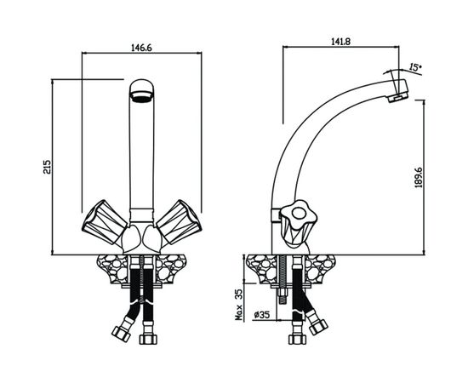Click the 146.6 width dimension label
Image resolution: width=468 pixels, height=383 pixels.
(x=142, y=48)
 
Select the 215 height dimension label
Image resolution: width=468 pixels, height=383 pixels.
(x=47, y=167)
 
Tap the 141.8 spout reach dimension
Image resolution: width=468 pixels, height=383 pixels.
(x=340, y=42)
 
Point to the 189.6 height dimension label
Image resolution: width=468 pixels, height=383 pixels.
(x=419, y=177)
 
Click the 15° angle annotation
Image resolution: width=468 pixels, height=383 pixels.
(x=415, y=67)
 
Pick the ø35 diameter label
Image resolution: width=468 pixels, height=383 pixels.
(x=262, y=315)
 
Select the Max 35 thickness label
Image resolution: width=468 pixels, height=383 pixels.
(x=239, y=304)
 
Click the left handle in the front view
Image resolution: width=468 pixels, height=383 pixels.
(x=104, y=221)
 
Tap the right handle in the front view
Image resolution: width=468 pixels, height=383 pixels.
(x=179, y=221)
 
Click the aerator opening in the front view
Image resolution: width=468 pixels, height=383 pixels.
(x=142, y=98)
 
